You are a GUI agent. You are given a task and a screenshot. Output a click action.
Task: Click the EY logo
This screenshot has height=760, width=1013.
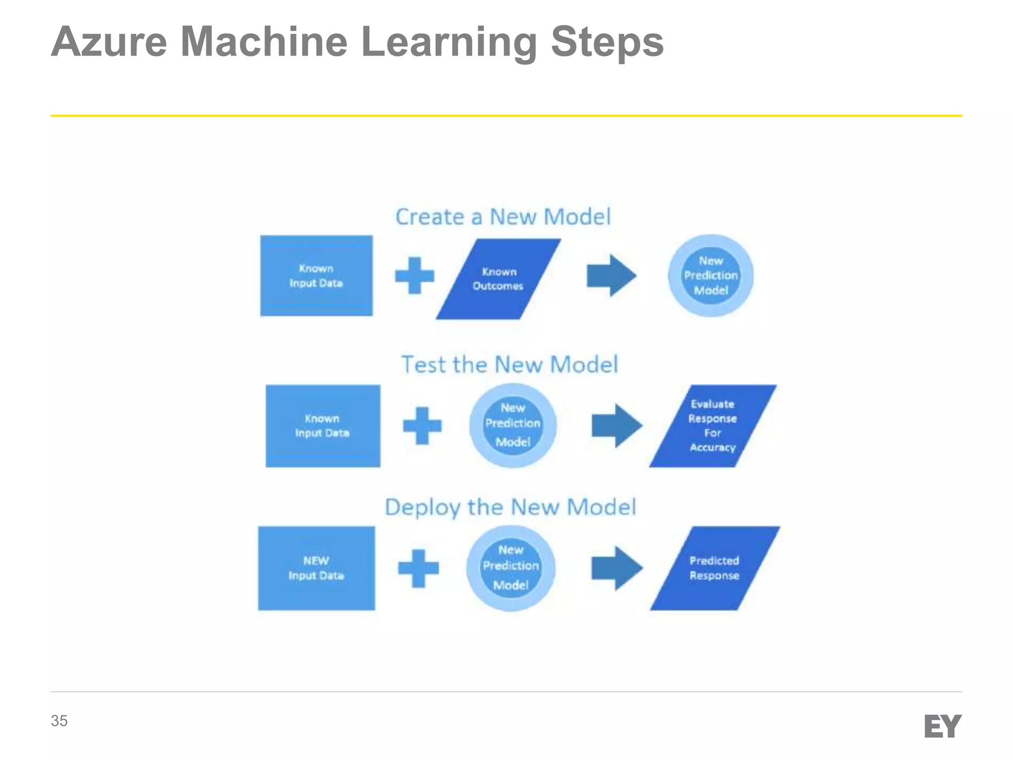[942, 726]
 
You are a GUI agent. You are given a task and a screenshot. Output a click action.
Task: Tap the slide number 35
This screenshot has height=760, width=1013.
[59, 721]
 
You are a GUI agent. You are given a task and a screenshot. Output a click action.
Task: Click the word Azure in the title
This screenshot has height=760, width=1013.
[109, 42]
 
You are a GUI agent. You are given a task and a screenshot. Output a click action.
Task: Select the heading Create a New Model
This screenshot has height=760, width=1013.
[503, 217]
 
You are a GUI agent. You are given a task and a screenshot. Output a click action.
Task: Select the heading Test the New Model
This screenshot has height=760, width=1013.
[509, 365]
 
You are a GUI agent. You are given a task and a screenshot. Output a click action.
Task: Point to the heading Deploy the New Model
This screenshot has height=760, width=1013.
[510, 507]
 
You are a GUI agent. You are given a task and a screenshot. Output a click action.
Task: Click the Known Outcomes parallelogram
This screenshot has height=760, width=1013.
[498, 279]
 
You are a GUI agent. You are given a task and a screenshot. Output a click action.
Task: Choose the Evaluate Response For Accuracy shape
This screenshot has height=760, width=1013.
[713, 426]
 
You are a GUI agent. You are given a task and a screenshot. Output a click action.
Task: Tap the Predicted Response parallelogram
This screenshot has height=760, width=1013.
[715, 568]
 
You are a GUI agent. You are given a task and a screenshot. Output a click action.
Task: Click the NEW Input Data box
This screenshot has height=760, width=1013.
[317, 568]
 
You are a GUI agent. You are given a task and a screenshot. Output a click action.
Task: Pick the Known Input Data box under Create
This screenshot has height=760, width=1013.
[317, 276]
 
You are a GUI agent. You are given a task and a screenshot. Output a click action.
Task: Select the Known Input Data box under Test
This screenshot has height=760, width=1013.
[323, 426]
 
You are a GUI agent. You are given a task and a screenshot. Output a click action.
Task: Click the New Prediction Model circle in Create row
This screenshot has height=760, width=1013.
[711, 276]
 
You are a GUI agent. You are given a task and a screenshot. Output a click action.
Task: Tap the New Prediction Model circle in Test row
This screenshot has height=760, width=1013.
[513, 426]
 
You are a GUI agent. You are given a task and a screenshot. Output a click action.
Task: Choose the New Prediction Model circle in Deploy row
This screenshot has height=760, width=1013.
[511, 568]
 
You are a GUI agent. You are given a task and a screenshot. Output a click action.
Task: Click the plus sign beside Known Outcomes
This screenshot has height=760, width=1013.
[414, 276]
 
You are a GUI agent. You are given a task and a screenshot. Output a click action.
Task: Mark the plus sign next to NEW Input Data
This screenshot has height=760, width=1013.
[418, 568]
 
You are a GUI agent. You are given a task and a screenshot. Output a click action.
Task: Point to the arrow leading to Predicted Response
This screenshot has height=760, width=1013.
[617, 568]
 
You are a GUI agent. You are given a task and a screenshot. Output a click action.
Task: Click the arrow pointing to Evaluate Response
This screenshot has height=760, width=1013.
[617, 426]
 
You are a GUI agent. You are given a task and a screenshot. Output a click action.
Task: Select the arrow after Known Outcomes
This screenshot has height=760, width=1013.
[611, 276]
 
